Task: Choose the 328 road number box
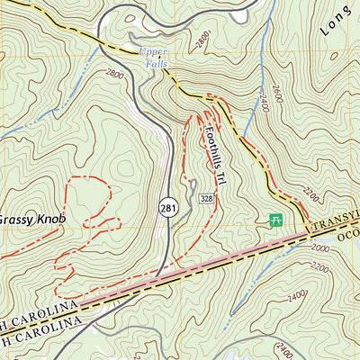pos(206,197)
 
